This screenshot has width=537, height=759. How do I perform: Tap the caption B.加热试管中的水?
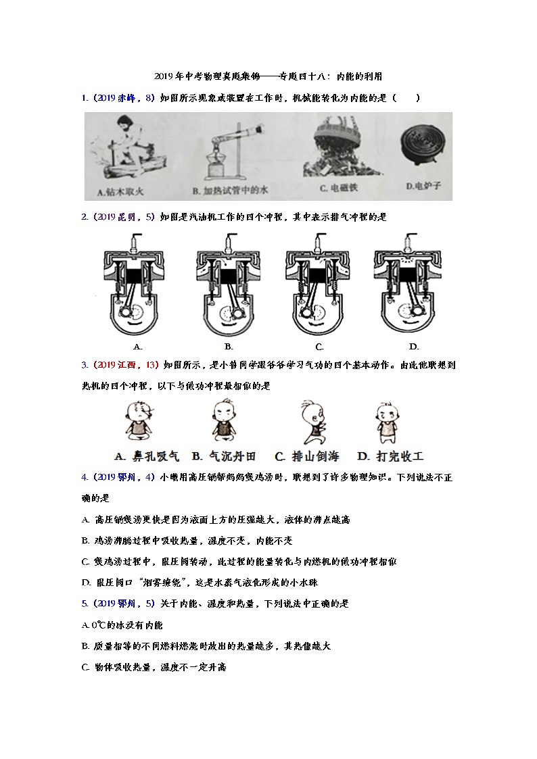coord(230,191)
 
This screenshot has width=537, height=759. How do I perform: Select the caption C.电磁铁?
coord(340,189)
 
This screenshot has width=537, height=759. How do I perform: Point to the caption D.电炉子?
coord(423,186)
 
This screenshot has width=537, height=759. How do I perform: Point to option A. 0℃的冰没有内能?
coord(122,625)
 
